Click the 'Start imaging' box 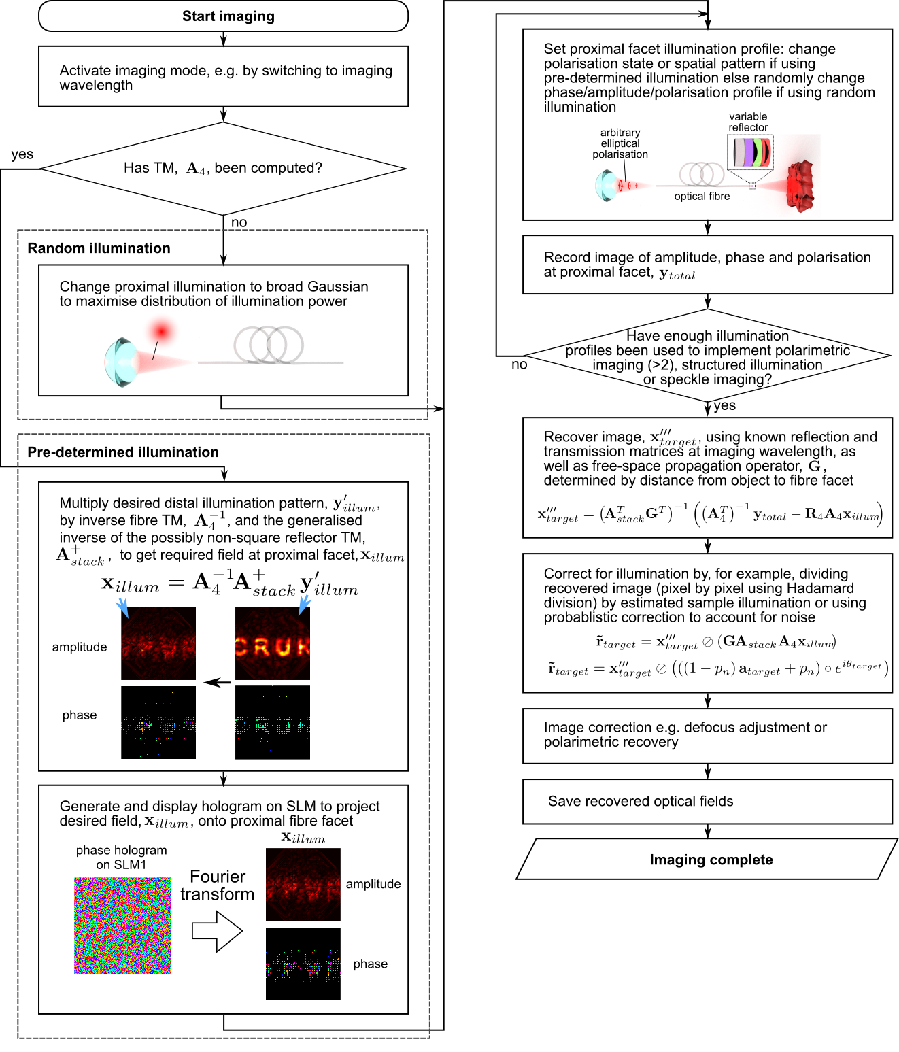pos(223,16)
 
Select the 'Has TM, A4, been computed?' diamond pos(223,168)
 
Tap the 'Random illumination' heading pos(99,248)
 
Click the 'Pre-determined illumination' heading pos(123,452)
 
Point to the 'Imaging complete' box pos(707,860)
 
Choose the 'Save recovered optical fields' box pos(707,801)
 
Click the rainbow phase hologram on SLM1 pos(122,926)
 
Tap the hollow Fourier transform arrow pos(217,931)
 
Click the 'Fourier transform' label pos(217,885)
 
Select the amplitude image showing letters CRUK pos(272,643)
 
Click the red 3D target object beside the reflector pos(800,185)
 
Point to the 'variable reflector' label pos(748,122)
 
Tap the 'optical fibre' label pos(702,197)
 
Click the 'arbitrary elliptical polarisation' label pos(620,143)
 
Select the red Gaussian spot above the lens pos(162,332)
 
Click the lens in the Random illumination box pos(120,362)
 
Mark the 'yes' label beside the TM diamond pos(22,154)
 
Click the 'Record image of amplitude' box pos(707,265)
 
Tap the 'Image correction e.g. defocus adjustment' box pos(707,735)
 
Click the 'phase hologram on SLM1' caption pos(121,858)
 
